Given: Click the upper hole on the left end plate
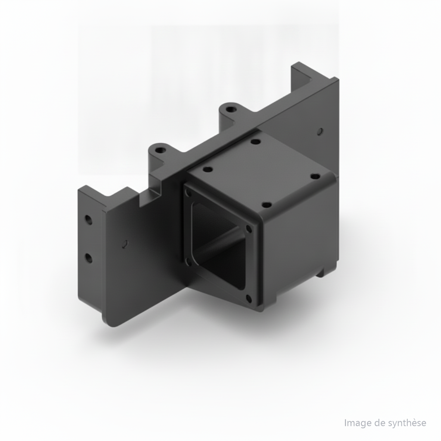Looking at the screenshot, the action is tap(89, 220).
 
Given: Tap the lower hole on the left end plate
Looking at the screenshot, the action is tap(89, 258).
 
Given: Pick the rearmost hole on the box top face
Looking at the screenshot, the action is tap(256, 142).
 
